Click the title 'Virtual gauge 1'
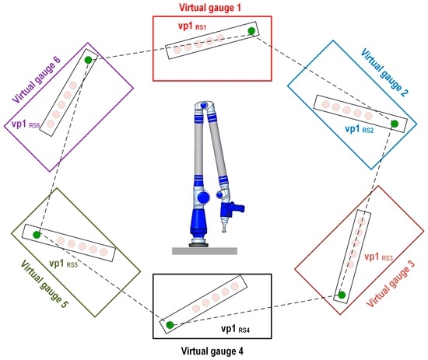212,7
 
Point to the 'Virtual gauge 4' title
212,351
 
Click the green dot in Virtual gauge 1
251,31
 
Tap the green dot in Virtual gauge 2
395,124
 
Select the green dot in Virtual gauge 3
340,295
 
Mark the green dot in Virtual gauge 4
170,324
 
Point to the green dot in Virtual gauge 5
37,234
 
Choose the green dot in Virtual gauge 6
89,60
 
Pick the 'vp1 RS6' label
27,124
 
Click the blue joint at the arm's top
205,106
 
